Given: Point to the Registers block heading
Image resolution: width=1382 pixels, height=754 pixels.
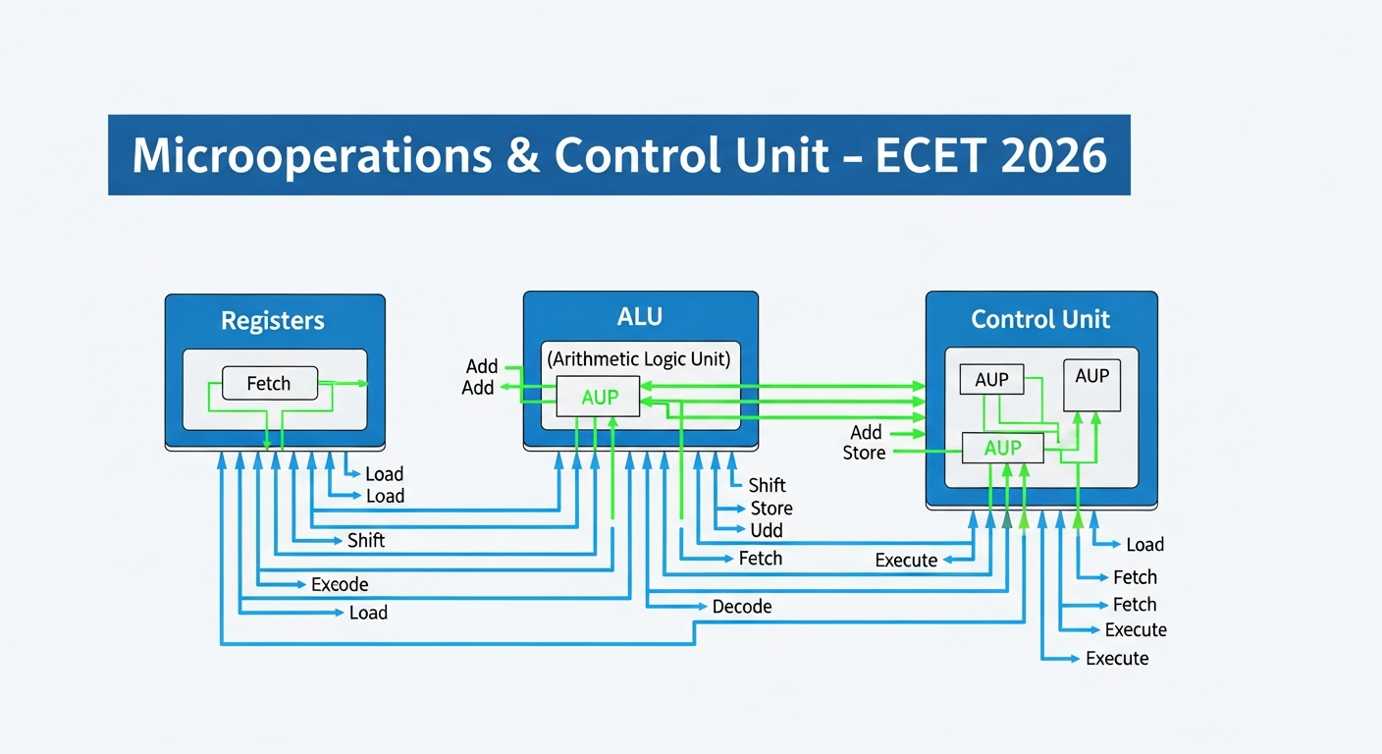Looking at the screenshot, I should pos(272,320).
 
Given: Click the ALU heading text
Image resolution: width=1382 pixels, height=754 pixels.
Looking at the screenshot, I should pos(639,316).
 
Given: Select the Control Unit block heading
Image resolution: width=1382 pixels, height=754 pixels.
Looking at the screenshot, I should pos(1040,319).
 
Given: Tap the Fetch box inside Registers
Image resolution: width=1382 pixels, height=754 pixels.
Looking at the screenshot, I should pos(269,384).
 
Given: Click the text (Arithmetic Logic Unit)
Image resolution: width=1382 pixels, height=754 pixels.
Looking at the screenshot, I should pos(639,359).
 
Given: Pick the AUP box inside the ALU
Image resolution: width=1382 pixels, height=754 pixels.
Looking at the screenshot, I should pos(599,397).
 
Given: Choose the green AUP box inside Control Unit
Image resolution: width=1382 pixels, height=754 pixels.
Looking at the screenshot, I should pos(1002,448).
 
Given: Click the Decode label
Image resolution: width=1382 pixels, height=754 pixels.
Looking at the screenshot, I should pos(742,607).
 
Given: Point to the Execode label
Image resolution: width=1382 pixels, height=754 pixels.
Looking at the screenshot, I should pos(340,584).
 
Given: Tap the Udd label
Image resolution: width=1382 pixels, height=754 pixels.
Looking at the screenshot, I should pos(767,530).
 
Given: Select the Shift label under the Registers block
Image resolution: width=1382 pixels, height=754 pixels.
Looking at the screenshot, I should pos(366,541).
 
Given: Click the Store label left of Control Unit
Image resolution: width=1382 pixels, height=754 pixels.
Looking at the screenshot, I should pos(864,453).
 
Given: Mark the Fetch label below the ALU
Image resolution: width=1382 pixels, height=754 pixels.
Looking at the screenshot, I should pos(761,559).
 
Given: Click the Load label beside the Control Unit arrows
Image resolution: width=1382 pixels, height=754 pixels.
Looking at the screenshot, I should pos(1144,545).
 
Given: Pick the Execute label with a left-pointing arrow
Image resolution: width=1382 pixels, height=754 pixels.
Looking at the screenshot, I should pos(906,561).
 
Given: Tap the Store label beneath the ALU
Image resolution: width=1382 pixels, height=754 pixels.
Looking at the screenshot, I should pos(771,509).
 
